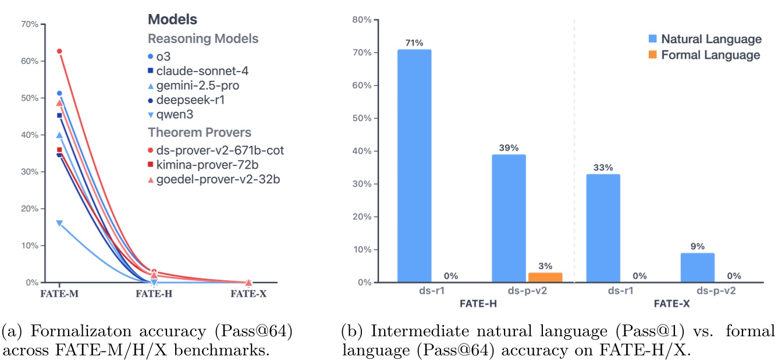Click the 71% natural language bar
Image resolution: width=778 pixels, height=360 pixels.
[414, 166]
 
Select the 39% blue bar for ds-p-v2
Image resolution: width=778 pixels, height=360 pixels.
[509, 218]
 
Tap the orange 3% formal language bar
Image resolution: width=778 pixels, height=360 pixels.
[546, 277]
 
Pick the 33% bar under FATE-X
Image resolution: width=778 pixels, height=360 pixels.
[603, 228]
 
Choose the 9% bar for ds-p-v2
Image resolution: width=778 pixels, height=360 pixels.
[697, 268]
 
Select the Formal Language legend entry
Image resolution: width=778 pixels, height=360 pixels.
[704, 55]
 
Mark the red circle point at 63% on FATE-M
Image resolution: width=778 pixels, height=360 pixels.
[59, 51]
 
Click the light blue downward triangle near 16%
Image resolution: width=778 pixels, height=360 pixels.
[59, 223]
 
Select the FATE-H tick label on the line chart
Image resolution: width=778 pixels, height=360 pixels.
[154, 294]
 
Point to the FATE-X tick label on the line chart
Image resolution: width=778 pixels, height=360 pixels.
[248, 294]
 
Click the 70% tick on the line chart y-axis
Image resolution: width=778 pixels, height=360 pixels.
[30, 24]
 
